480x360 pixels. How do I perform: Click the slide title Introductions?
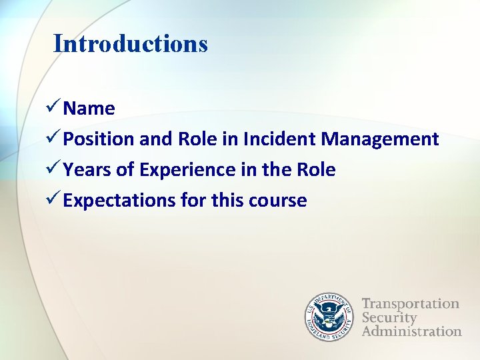131,44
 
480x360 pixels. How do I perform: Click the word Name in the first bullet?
89,109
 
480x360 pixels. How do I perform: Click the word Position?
99,139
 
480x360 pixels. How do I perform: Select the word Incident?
280,139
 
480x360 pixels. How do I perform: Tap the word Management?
379,139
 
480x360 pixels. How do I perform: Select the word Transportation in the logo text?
410,304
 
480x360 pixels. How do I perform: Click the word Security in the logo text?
389,317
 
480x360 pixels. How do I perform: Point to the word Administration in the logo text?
411,331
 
